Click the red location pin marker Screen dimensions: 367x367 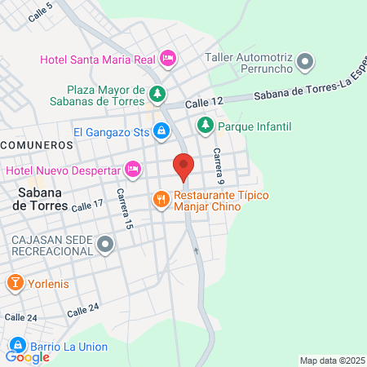(x=183, y=166)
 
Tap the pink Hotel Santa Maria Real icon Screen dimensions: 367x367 (x=168, y=58)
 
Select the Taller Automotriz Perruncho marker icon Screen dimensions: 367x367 (x=306, y=60)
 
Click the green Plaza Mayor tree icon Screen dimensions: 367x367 (x=157, y=95)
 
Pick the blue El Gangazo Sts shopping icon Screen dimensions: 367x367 (x=162, y=130)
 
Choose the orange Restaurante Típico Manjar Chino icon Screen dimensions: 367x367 (x=161, y=198)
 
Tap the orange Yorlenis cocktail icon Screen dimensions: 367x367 (x=15, y=282)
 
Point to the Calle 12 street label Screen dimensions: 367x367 (x=203, y=104)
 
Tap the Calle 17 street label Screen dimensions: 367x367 (x=87, y=206)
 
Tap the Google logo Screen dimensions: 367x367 (x=28, y=356)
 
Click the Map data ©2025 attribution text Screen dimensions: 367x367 (x=331, y=360)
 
